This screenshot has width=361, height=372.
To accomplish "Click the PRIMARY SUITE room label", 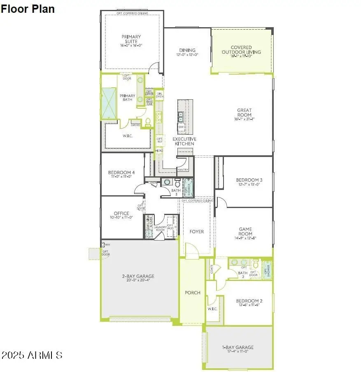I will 131,39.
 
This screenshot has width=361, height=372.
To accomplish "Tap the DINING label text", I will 187,50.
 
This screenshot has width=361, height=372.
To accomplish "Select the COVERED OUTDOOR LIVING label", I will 241,50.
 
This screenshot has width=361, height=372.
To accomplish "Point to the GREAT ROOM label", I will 244,112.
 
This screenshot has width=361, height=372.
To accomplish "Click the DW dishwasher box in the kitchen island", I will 181,127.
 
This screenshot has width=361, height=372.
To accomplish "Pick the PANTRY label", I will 183,170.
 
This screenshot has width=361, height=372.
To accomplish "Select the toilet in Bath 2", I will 255,264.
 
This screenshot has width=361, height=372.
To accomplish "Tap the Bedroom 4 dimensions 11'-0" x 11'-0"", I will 121,177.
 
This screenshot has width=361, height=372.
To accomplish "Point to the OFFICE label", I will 121,213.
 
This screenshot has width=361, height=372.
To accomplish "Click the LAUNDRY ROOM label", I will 160,228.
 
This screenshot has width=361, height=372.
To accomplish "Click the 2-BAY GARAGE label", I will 138,276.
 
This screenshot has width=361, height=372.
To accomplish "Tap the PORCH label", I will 192,293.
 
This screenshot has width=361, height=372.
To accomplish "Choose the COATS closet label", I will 212,270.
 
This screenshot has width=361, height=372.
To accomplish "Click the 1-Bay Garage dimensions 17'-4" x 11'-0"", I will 239,351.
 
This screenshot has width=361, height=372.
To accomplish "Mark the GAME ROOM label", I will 245,232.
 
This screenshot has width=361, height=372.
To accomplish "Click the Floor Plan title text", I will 27,9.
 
